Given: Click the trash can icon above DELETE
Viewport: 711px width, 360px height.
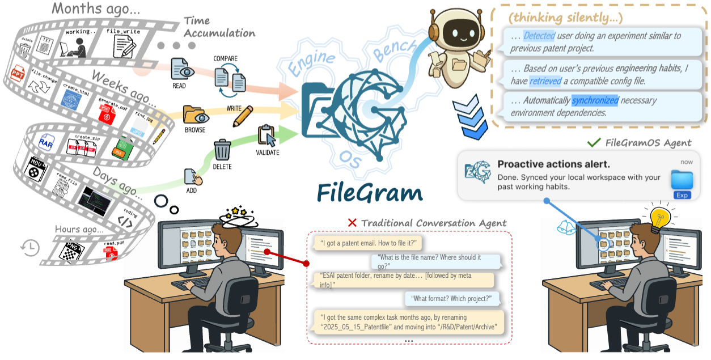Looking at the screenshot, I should coord(222,150).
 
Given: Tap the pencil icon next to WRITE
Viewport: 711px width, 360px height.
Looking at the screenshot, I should coord(242,116).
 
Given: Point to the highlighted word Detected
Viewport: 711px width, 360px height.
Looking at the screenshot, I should coord(539,36).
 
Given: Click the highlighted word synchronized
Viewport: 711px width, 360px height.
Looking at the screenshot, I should coord(595,100).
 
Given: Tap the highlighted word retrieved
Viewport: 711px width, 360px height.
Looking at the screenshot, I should coord(545,82).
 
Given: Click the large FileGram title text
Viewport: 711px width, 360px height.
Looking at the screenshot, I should coord(370,192).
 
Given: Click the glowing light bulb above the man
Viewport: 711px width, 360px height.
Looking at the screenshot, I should coord(660,217).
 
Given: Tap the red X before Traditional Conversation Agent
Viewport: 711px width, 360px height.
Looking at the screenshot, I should coord(352,223).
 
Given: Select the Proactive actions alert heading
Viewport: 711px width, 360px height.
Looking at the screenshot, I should coord(553,164).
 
